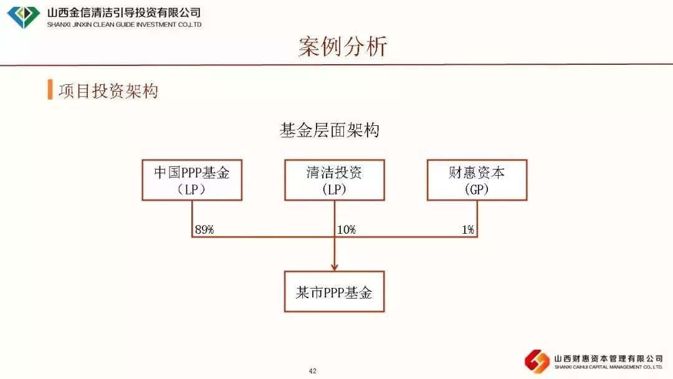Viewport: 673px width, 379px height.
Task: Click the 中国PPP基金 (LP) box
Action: pos(192,180)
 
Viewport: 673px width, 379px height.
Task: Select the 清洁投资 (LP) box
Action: pos(335,180)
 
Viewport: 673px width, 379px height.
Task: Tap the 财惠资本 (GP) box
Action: pos(477,180)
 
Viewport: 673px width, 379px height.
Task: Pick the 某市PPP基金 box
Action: pos(335,292)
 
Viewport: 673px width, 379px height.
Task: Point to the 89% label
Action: pos(204,229)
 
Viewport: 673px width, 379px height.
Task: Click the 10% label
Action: pos(346,229)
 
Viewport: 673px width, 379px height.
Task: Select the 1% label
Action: pos(468,229)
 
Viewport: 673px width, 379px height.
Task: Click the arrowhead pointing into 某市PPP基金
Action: pos(335,267)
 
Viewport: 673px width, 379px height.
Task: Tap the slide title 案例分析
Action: pos(343,46)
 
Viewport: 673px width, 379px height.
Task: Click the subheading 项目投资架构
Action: pos(108,91)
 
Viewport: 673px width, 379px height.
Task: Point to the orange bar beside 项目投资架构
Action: pos(50,89)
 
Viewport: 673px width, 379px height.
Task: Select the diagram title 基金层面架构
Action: pos(330,130)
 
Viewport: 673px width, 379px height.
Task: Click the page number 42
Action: pos(312,371)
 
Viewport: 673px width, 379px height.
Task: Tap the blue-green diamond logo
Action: pos(23,17)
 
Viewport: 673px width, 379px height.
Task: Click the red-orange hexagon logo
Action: pos(537,361)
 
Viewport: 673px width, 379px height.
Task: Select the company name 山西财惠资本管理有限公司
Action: pos(609,358)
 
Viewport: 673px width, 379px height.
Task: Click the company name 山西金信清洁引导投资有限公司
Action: pos(124,12)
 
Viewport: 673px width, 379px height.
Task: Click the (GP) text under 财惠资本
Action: pos(477,189)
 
